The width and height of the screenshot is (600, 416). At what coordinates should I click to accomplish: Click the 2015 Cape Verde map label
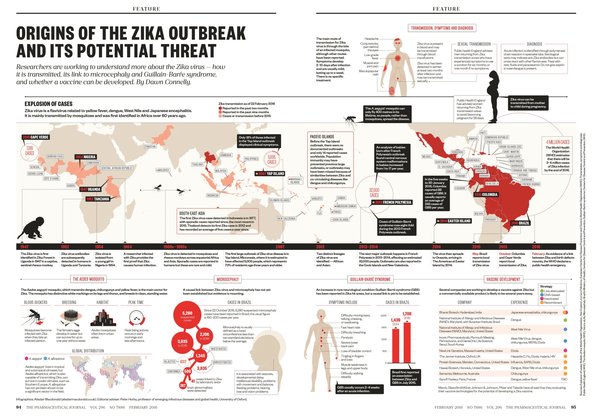pyautogui.click(x=35, y=137)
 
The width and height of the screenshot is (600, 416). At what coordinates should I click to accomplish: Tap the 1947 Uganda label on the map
pyautogui.click(x=90, y=189)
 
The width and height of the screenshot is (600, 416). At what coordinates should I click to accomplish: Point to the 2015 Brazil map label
pyautogui.click(x=520, y=223)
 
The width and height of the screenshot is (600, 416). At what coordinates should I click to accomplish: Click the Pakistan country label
pyautogui.click(x=150, y=147)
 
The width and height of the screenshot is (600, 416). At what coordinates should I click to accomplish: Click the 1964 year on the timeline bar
pyautogui.click(x=127, y=247)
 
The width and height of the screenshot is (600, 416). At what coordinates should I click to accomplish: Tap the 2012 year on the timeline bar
pyautogui.click(x=320, y=247)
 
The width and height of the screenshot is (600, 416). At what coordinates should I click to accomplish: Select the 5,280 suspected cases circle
pyautogui.click(x=187, y=315)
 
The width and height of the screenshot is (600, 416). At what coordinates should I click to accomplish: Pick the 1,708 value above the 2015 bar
pyautogui.click(x=407, y=314)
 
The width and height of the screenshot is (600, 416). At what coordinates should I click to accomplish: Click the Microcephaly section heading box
pyautogui.click(x=228, y=279)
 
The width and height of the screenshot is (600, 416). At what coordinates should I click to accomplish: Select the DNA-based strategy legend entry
pyautogui.click(x=551, y=295)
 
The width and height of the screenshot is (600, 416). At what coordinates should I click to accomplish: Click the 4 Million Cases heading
pyautogui.click(x=558, y=142)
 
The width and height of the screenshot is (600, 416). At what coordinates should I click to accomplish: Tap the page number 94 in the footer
pyautogui.click(x=19, y=407)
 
